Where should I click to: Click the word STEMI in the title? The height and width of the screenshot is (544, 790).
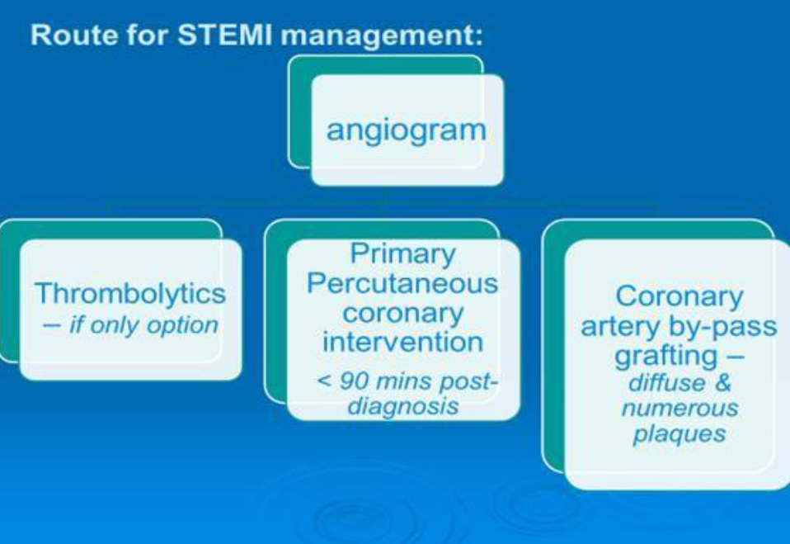[x=224, y=35]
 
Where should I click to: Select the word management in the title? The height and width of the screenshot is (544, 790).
[x=381, y=36]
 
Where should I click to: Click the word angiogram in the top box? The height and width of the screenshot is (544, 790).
[x=406, y=131]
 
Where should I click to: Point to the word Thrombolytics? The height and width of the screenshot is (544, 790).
[x=130, y=293]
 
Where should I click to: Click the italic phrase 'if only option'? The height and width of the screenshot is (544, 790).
[x=143, y=325]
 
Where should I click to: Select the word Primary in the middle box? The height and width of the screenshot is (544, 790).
[x=402, y=254]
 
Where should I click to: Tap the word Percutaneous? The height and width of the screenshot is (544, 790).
[x=402, y=283]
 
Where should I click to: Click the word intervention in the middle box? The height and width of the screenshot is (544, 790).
[x=402, y=343]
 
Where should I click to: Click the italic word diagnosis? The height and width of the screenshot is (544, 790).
[x=403, y=406]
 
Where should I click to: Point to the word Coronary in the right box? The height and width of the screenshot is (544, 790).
[x=679, y=296]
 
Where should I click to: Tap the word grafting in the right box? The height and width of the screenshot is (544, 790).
[x=665, y=357]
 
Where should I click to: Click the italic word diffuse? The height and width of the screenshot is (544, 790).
[x=666, y=383]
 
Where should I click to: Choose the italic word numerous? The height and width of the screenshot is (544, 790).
[x=679, y=408]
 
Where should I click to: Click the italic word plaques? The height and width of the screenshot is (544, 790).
[x=679, y=434]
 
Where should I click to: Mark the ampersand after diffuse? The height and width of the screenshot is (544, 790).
[x=722, y=383]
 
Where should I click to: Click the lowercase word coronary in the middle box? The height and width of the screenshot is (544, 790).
[x=402, y=313]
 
